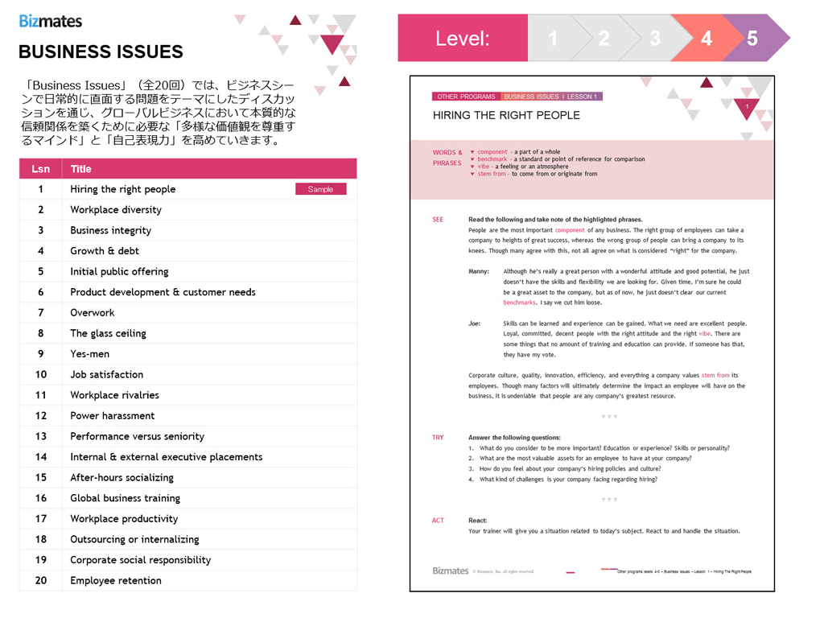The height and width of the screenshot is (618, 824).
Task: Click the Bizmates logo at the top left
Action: point(51,21)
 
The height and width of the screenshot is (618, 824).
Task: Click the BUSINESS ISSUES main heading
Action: point(101,52)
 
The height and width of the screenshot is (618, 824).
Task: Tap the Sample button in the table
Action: point(320,189)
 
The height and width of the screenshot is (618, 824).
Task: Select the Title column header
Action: point(80,169)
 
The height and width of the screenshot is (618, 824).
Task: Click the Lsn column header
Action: point(40,169)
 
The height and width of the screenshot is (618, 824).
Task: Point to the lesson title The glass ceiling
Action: point(108,333)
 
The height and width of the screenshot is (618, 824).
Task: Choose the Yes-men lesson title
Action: point(89,354)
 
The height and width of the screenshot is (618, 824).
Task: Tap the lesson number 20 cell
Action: point(41,580)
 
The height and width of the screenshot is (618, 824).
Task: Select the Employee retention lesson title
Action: point(115,580)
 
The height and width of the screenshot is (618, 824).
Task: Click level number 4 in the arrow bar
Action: point(706,38)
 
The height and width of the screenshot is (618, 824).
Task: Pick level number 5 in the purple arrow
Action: point(752,38)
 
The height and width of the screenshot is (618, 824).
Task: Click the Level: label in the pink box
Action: point(462,38)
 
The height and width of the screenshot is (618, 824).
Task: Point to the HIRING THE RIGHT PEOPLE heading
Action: point(506,115)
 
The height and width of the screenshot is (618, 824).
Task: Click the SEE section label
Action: point(438,220)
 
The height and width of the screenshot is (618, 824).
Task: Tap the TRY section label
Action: point(438,438)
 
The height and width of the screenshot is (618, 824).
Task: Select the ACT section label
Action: point(438,521)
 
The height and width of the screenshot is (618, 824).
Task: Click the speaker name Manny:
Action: point(479,272)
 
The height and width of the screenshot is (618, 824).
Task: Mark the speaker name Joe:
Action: point(475,323)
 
